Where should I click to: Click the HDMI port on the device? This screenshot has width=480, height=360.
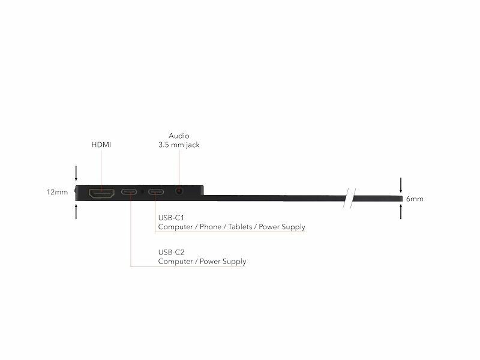(x=101, y=193)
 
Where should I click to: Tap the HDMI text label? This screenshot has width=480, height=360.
(x=101, y=145)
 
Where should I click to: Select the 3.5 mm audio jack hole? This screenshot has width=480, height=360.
(x=179, y=191)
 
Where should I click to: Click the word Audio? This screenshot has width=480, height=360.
(x=179, y=136)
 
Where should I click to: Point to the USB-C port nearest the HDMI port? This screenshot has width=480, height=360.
(x=129, y=192)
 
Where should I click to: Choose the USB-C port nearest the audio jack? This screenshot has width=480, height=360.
(x=156, y=192)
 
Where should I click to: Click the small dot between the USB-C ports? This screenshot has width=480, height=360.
(x=142, y=192)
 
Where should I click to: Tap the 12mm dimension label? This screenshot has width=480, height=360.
(x=57, y=192)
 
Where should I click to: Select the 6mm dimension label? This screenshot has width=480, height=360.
(x=415, y=199)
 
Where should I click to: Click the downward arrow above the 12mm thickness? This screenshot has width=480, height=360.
(x=76, y=173)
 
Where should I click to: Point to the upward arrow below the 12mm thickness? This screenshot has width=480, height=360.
(x=76, y=212)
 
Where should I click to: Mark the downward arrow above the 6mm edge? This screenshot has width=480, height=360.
(x=401, y=185)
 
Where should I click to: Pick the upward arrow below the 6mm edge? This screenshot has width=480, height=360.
(x=401, y=212)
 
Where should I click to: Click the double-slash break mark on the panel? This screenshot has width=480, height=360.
(x=349, y=199)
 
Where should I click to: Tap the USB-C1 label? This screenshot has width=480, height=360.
(x=171, y=218)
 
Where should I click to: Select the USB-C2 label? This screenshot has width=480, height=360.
(x=171, y=253)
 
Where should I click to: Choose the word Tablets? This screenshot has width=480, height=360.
(x=241, y=227)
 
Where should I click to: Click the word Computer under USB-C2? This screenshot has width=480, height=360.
(x=175, y=262)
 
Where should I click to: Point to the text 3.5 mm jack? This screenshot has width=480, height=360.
(x=179, y=145)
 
